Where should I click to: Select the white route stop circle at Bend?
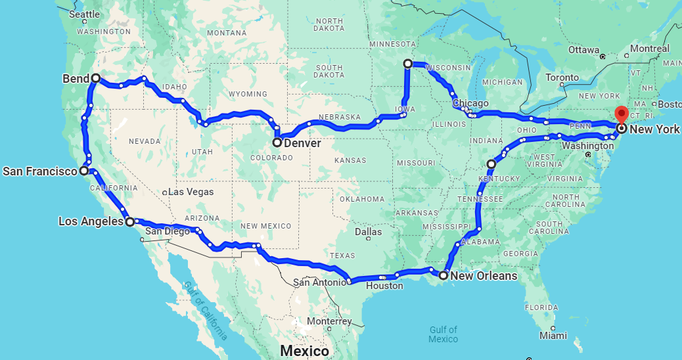click(96, 78)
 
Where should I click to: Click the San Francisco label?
click(40, 171)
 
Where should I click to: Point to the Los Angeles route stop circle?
click(129, 222)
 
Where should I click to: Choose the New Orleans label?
click(484, 275)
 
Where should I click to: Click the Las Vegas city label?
click(191, 192)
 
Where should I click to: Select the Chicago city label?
click(470, 103)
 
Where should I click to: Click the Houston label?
click(384, 286)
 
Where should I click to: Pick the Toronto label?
click(562, 78)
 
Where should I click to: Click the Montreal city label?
click(650, 49)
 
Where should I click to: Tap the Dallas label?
click(368, 231)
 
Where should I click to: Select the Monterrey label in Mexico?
click(329, 321)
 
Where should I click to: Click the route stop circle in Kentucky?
click(491, 164)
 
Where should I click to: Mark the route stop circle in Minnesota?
click(408, 64)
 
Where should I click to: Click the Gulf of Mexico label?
click(443, 334)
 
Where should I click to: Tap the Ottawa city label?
click(584, 50)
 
